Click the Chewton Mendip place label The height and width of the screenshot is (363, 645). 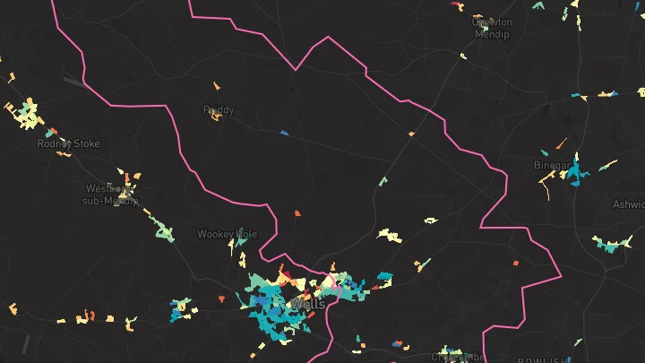point(492,28)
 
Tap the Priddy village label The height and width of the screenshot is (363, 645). point(219,110)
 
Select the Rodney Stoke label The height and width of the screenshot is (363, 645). point(68,143)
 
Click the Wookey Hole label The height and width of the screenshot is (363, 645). point(227,234)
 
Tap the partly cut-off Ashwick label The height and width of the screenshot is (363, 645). point(629,204)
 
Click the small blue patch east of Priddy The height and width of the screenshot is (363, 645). point(284,134)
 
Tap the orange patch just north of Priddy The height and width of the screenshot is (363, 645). point(216,86)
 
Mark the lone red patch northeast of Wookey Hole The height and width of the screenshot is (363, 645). point(297,213)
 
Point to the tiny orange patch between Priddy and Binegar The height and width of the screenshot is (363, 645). point(411,134)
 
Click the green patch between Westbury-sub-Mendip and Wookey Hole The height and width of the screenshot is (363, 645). point(164,233)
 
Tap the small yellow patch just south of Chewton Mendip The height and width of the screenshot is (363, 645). point(463,56)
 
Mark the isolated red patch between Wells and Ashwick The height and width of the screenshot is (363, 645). point(516,262)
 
